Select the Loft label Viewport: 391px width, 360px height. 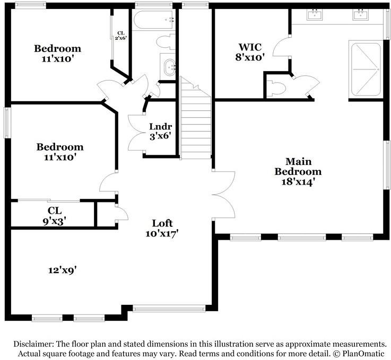coord(162,223)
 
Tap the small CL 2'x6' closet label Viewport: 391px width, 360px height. coord(121,36)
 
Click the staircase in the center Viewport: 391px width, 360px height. coord(195,122)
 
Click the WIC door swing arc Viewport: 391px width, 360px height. coord(281,48)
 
